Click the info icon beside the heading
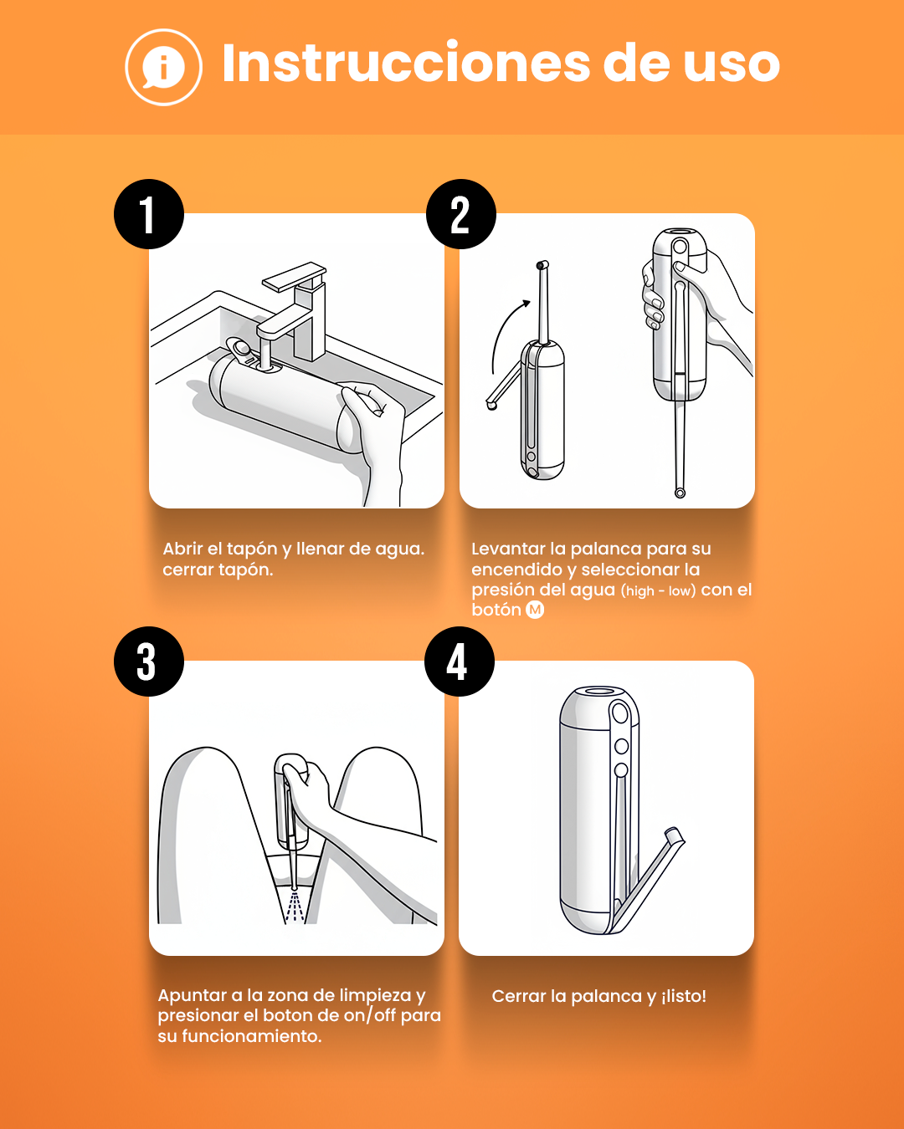(163, 67)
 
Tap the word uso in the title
(732, 65)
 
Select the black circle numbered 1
(149, 214)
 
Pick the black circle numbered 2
(461, 214)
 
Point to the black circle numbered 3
(149, 661)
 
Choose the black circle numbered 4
(460, 661)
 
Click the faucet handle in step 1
(294, 276)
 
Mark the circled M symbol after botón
(535, 610)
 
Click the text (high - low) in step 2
(658, 591)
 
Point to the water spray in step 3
(295, 907)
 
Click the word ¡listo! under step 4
(683, 996)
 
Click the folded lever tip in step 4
(675, 834)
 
